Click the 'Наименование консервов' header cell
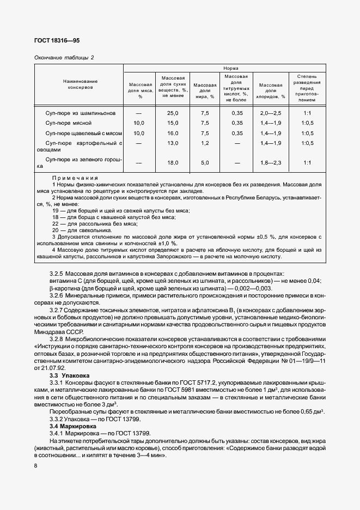[80, 83]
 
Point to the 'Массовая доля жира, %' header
[205, 90]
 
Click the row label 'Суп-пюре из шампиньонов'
[81, 113]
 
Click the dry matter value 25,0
[173, 113]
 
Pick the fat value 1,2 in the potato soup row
[205, 143]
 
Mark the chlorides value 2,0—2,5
[271, 113]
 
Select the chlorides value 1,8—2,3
[271, 163]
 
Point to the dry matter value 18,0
[173, 163]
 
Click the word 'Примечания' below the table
[75, 178]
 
